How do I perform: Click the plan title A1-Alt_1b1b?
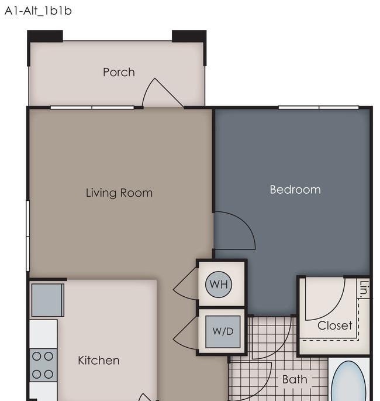(38, 11)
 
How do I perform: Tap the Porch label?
(119, 72)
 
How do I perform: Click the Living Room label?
(119, 193)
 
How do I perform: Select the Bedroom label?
(295, 190)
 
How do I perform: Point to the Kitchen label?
(99, 361)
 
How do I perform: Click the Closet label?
(334, 325)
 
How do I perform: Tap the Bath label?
(295, 379)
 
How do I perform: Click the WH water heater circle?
(219, 285)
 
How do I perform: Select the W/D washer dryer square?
(223, 331)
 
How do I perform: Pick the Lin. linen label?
(364, 289)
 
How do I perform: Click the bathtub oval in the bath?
(348, 381)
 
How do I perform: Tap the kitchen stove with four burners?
(43, 365)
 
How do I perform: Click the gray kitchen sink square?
(48, 300)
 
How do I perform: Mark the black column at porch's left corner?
(45, 36)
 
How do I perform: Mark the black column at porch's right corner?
(189, 36)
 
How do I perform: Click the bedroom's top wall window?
(319, 107)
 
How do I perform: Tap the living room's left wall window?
(28, 236)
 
